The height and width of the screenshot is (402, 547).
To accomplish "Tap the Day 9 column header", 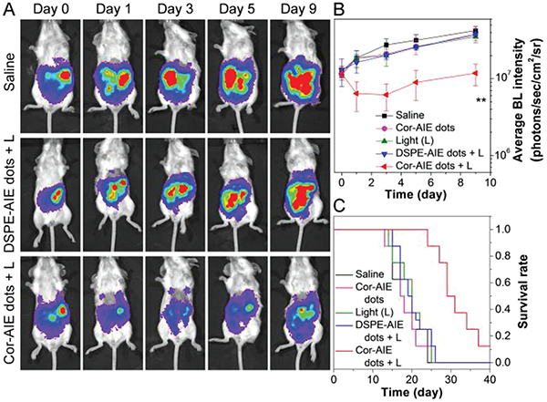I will point(304,10).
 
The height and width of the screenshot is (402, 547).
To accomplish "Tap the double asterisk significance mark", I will point(480,99).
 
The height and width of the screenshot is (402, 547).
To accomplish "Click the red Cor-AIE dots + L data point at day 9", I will point(476,73).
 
